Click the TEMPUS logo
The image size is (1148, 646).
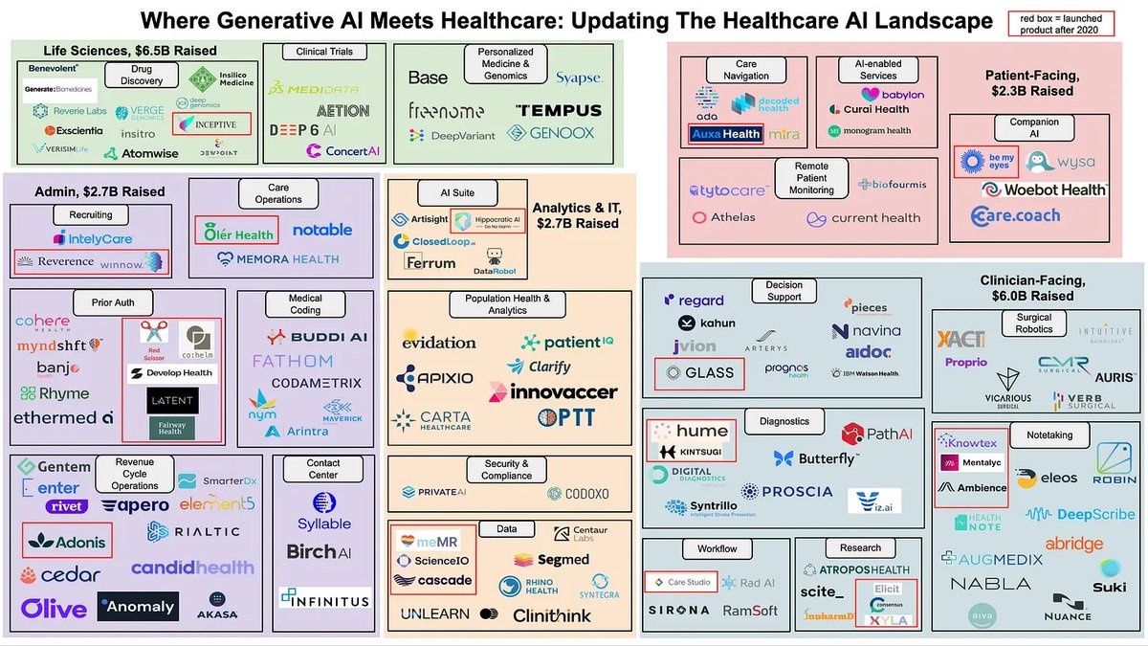pyautogui.click(x=559, y=110)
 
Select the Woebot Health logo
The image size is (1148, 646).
pyautogui.click(x=1043, y=189)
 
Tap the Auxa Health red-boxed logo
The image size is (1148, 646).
pyautogui.click(x=725, y=135)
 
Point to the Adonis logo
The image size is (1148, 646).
pyautogui.click(x=67, y=541)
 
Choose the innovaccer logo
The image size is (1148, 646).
pyautogui.click(x=552, y=391)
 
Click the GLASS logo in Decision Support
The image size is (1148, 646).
pyautogui.click(x=700, y=373)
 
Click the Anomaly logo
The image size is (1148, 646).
pyautogui.click(x=137, y=606)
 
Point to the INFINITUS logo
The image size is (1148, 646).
pyautogui.click(x=324, y=600)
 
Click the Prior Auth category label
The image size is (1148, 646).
pyautogui.click(x=112, y=302)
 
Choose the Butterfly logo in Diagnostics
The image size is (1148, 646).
pyautogui.click(x=816, y=459)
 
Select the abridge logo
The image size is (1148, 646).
pyautogui.click(x=1073, y=544)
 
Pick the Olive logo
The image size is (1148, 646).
pyautogui.click(x=54, y=608)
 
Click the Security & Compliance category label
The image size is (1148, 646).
pyautogui.click(x=507, y=469)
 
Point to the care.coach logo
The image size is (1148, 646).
pyautogui.click(x=1015, y=215)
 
